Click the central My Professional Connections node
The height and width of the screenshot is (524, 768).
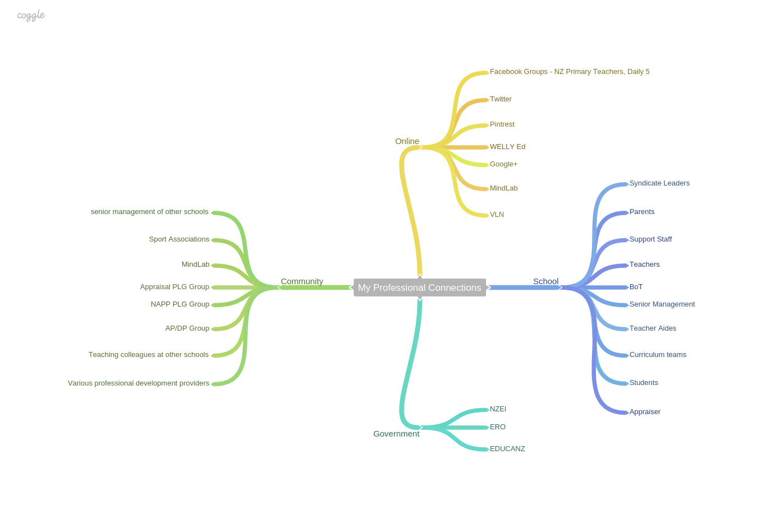(x=419, y=287)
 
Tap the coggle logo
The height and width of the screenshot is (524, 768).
(x=31, y=15)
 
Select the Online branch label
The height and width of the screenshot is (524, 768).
(x=407, y=141)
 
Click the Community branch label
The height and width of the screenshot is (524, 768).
(x=302, y=281)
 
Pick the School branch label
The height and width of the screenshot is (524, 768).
(x=545, y=281)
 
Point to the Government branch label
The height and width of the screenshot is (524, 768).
(x=396, y=434)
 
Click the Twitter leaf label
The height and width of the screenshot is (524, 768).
(x=501, y=99)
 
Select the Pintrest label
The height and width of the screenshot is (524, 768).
(x=502, y=124)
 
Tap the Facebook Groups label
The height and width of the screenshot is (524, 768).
(x=570, y=72)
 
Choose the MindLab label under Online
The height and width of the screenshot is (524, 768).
(x=503, y=188)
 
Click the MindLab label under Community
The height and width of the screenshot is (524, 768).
(x=195, y=265)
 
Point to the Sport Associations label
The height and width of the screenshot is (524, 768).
(x=179, y=239)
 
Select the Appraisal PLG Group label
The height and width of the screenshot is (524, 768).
(x=174, y=287)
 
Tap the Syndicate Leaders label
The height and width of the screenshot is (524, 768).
(x=659, y=183)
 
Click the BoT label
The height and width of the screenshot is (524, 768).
(x=636, y=287)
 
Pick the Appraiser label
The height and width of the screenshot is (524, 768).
(x=645, y=412)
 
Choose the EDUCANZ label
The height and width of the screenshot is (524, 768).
(x=507, y=449)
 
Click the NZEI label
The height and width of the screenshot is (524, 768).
(x=498, y=409)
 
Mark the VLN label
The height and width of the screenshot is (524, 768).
(x=497, y=215)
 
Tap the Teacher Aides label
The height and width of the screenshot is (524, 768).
(x=653, y=328)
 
